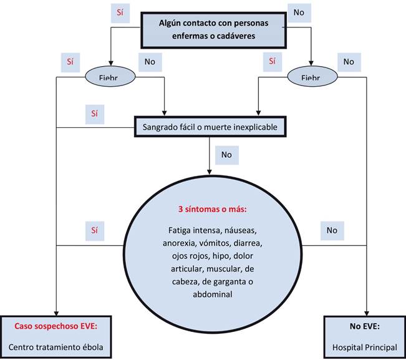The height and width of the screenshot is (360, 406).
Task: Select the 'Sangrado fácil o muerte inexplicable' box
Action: tap(210, 127)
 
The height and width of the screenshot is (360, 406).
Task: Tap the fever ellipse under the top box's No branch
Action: tap(311, 76)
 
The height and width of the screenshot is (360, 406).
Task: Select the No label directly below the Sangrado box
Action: tap(225, 153)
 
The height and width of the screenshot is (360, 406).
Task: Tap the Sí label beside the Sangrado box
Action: tap(94, 114)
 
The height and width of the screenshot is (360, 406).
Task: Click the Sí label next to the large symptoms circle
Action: tap(94, 230)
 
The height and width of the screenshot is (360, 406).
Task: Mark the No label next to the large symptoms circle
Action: tap(331, 230)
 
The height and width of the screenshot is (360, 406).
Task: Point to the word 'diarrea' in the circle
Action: tap(247, 242)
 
